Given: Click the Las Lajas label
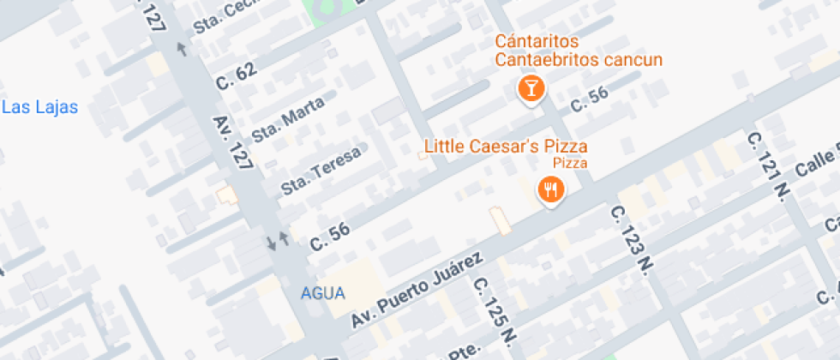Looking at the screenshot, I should [x=40, y=107].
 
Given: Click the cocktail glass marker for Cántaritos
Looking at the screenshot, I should [x=531, y=87].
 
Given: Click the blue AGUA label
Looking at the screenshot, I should [x=323, y=293].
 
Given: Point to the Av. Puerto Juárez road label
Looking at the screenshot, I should [x=417, y=291].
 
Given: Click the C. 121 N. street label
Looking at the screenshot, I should [x=767, y=165].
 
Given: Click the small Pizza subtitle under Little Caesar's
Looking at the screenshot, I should [x=569, y=163].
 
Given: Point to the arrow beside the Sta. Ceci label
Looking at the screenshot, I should [x=181, y=49].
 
